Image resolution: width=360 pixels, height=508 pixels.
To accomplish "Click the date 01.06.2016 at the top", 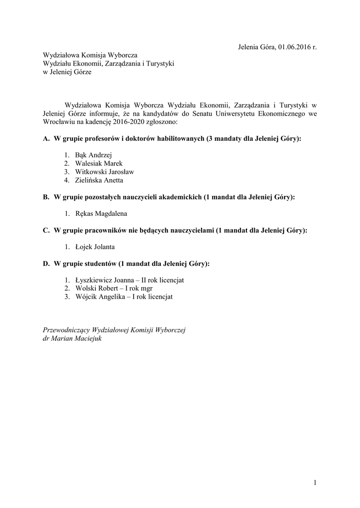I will (x=294, y=47).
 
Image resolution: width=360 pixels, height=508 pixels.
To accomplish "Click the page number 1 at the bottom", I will (x=314, y=482).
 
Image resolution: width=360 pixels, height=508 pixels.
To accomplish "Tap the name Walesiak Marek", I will (x=99, y=163).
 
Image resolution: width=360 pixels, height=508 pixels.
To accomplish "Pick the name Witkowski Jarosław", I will (x=104, y=172).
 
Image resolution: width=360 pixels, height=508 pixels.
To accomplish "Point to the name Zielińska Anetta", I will (x=99, y=180).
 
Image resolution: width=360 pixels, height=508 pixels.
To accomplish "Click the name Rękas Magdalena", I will (x=101, y=214).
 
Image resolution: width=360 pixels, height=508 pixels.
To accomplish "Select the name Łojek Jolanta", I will (x=95, y=247).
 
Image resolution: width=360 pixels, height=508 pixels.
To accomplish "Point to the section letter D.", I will (x=46, y=264).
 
